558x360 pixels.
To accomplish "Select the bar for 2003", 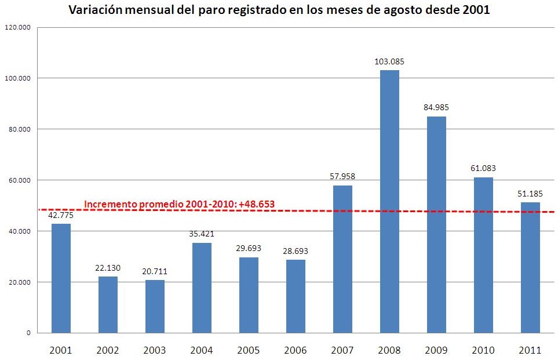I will click(x=155, y=307).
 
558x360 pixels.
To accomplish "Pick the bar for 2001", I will click(x=61, y=278).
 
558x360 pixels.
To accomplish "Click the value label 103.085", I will click(x=389, y=61).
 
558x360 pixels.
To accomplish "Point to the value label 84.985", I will click(x=436, y=107).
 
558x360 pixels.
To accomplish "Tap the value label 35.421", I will click(x=202, y=234).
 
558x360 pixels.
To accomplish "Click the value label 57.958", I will click(x=342, y=176).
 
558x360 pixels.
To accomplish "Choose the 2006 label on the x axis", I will click(x=296, y=350).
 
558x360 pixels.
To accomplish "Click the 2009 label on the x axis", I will click(x=436, y=350).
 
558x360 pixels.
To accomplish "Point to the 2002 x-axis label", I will click(x=108, y=350).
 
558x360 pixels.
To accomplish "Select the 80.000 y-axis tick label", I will click(x=19, y=129).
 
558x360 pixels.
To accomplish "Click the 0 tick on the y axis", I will click(x=28, y=333).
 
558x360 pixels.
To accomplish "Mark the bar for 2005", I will click(x=249, y=295).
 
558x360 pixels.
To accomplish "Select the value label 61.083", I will click(x=483, y=169).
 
